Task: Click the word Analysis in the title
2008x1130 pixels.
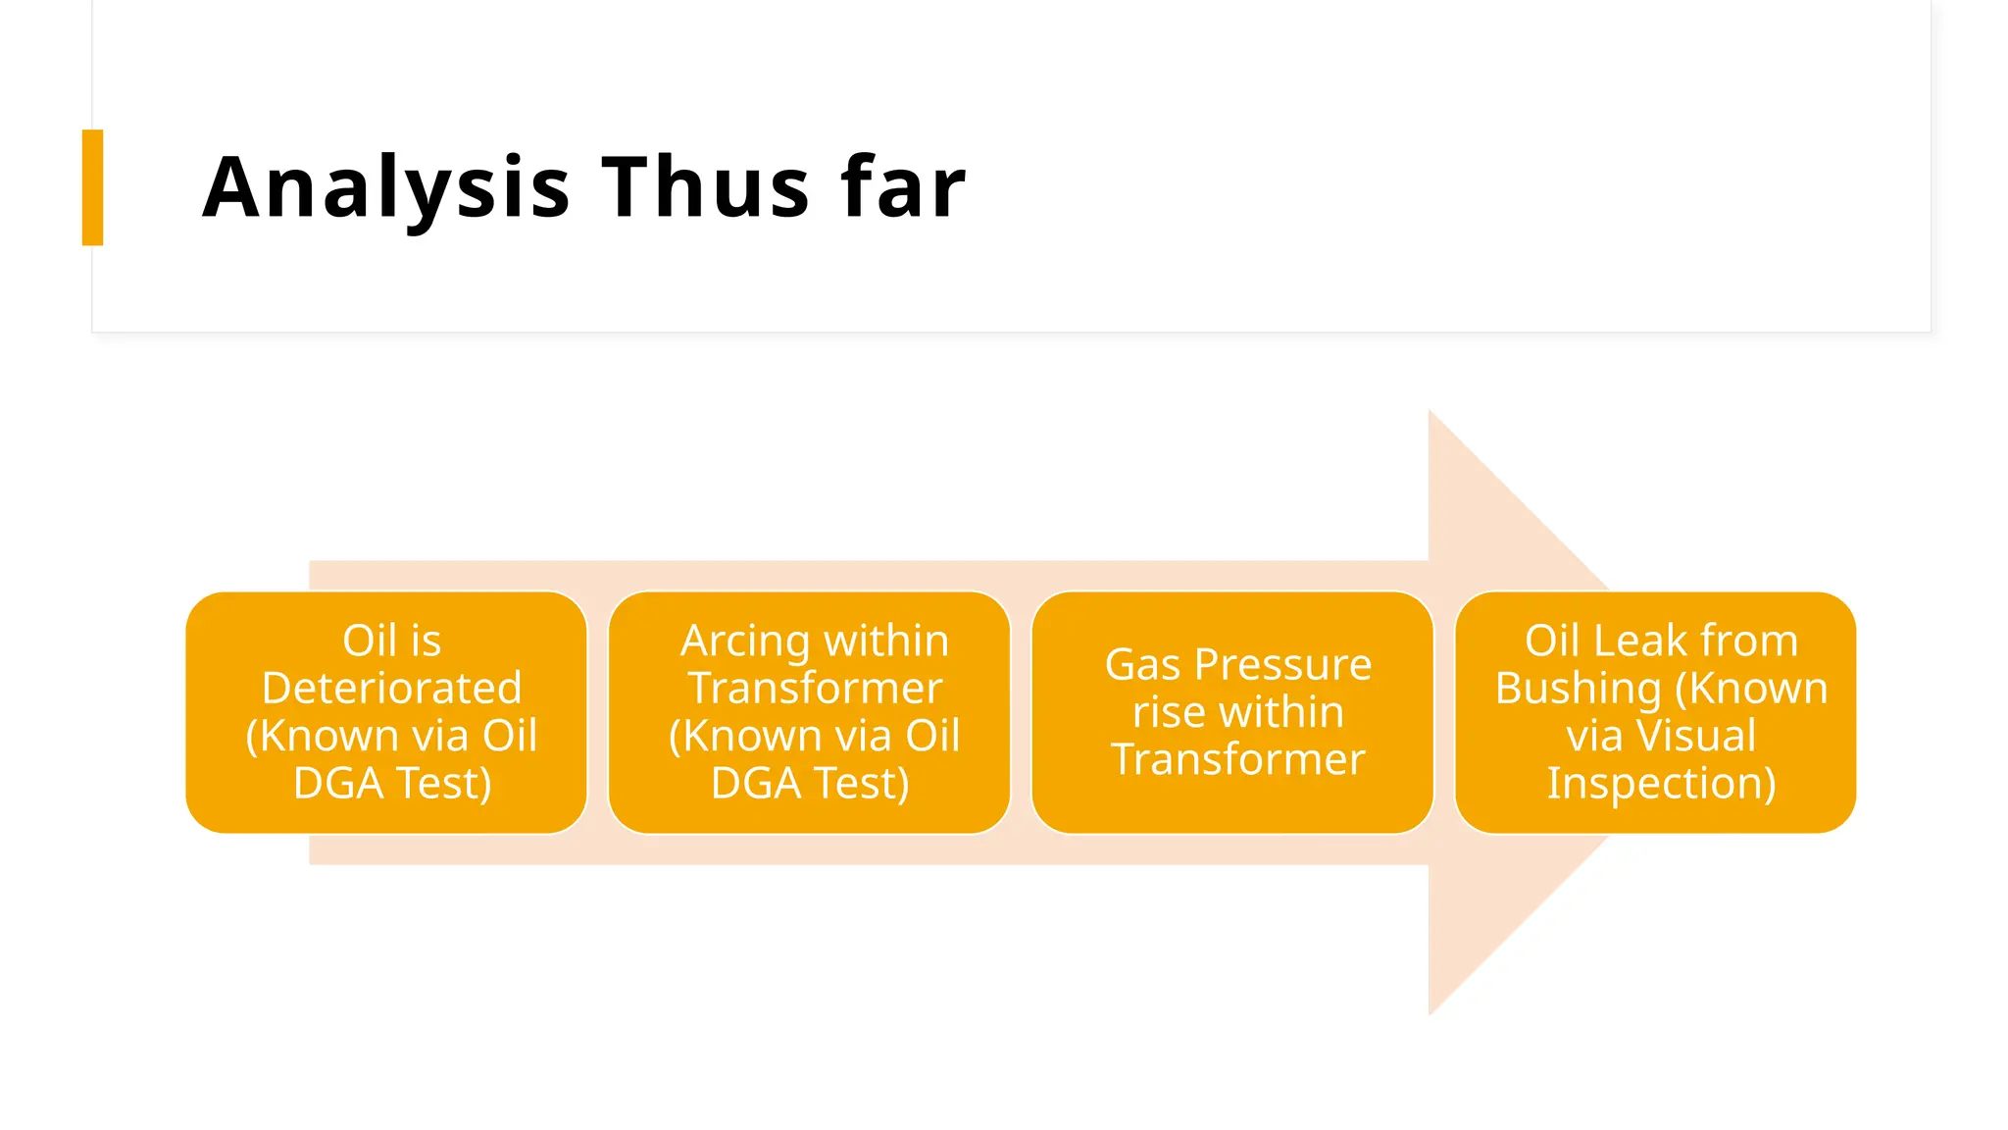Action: (385, 188)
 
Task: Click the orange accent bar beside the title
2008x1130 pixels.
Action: (93, 187)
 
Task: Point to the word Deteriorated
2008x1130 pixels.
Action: (391, 689)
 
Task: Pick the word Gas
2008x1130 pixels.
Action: (1142, 665)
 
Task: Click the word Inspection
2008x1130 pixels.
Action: (1661, 784)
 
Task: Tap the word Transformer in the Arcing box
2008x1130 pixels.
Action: (815, 689)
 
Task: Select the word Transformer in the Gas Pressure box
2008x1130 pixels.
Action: (1237, 760)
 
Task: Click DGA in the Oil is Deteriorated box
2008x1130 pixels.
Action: (337, 784)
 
